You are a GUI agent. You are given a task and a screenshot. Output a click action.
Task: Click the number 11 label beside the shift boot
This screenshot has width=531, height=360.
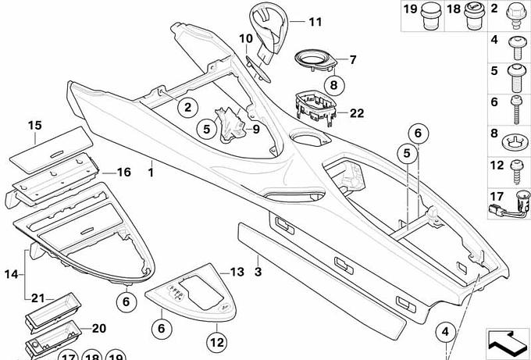[x=315, y=22]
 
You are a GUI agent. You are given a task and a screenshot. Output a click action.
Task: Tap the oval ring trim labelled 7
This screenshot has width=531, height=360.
[x=315, y=61]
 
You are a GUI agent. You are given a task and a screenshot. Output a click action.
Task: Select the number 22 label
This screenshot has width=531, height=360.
[x=356, y=113]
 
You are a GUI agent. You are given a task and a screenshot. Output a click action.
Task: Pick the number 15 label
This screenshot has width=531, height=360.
[x=34, y=125]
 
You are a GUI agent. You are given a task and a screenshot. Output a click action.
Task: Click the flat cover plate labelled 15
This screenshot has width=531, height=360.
[x=51, y=149]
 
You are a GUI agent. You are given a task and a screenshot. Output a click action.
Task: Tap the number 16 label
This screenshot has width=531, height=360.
[x=123, y=172]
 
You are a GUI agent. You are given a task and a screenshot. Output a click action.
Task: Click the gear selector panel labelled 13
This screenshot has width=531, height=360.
[x=191, y=293]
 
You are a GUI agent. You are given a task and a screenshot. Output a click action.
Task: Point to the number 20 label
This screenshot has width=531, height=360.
[x=99, y=328]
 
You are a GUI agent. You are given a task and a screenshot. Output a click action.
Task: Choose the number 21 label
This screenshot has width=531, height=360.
[x=38, y=298]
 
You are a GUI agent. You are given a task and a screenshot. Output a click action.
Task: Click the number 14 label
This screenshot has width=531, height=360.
[x=11, y=274]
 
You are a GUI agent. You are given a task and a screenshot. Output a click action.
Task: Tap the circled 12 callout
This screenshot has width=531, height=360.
[x=217, y=342]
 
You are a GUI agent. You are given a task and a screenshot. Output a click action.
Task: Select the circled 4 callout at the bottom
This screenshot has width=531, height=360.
[x=446, y=332]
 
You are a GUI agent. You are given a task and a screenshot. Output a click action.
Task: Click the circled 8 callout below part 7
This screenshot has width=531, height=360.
[x=334, y=84]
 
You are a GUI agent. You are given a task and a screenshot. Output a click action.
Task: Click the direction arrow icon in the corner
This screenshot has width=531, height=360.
[x=508, y=342]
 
